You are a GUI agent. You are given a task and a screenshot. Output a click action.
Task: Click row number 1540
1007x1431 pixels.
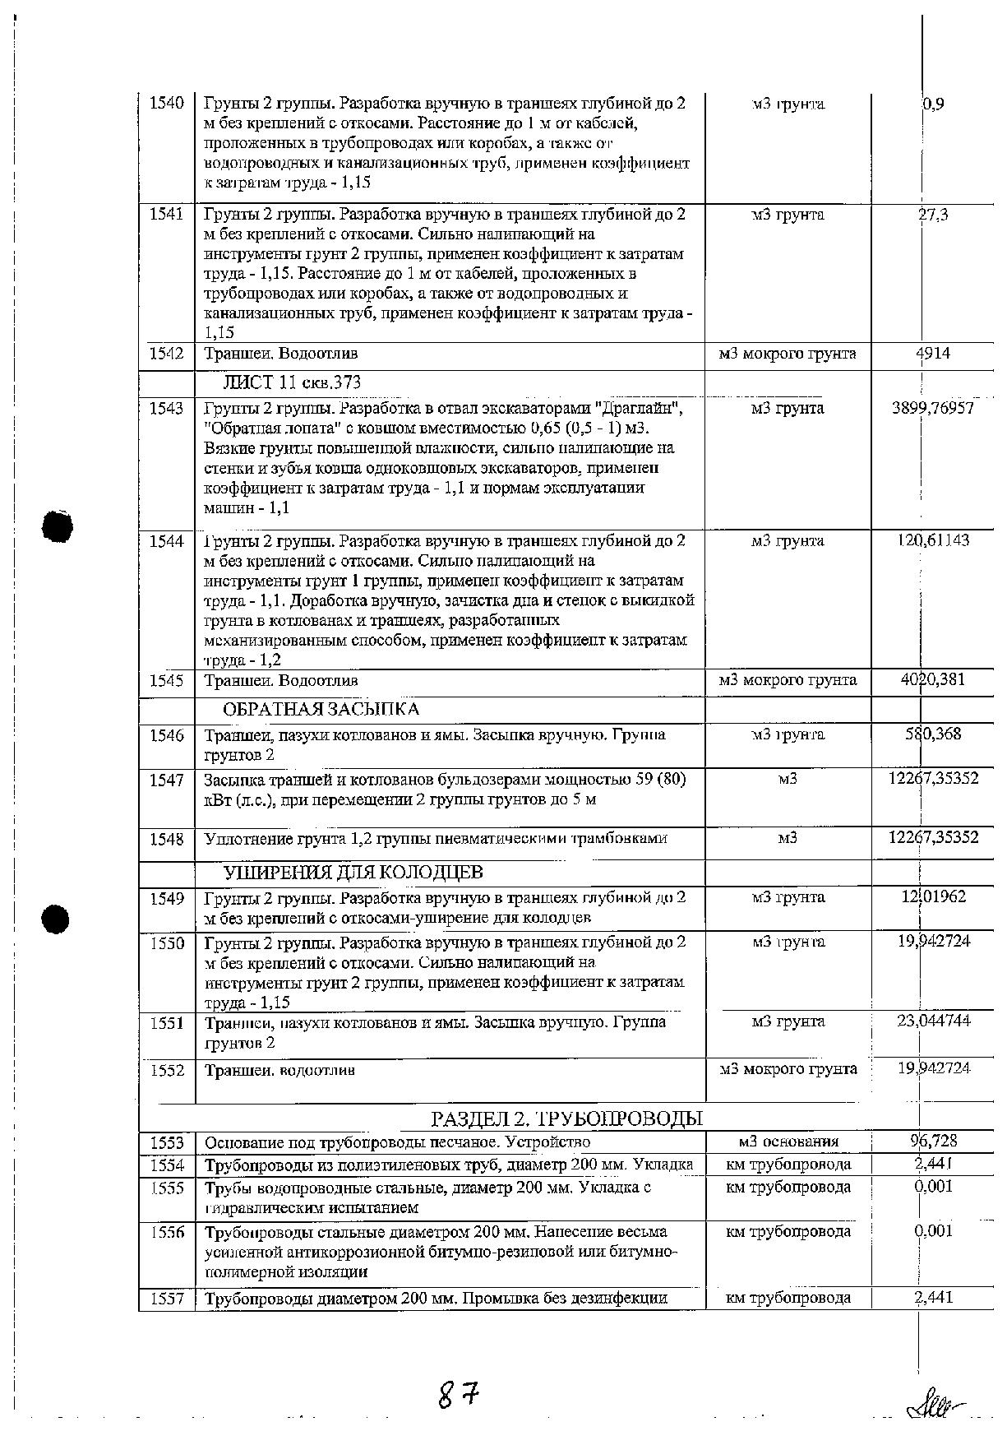click(166, 104)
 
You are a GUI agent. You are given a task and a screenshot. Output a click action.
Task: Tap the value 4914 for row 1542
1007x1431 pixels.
click(932, 354)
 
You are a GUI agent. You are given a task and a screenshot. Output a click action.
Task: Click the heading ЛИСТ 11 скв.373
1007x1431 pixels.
click(291, 382)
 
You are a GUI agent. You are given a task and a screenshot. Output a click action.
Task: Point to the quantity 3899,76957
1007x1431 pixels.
click(932, 408)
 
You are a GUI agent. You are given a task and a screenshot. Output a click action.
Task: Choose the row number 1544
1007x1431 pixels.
click(166, 541)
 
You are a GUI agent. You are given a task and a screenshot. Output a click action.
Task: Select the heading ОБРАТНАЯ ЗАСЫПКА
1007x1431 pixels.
click(321, 710)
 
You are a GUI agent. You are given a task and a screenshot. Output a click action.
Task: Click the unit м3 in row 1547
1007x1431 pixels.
click(788, 779)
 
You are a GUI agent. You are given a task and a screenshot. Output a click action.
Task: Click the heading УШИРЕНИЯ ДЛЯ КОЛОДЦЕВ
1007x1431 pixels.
click(353, 872)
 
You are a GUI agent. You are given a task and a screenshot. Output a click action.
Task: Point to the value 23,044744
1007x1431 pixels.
click(933, 1021)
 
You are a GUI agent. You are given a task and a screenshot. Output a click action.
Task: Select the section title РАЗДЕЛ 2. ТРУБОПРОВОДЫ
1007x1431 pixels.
click(566, 1118)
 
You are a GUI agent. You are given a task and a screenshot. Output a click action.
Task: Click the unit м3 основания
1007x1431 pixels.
click(788, 1142)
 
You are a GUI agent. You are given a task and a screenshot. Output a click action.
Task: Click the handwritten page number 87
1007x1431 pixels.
click(458, 1393)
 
